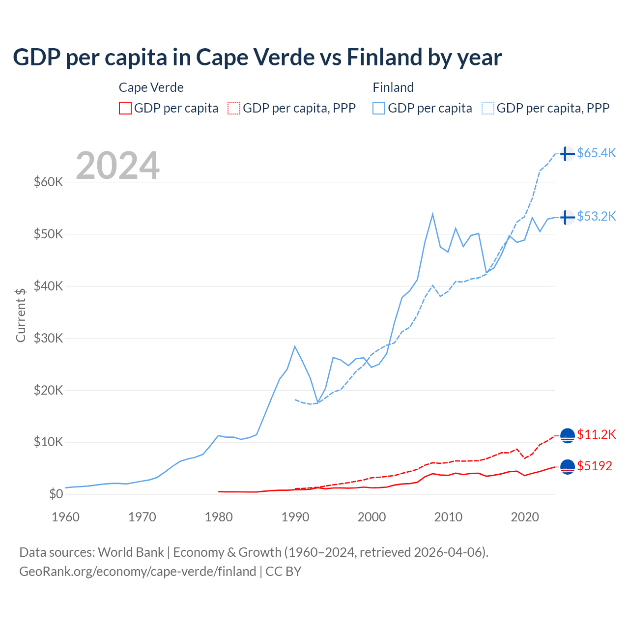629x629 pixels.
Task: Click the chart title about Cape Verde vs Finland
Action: point(257,57)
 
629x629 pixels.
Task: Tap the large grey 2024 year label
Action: point(118,166)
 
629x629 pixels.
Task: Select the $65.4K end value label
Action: point(596,153)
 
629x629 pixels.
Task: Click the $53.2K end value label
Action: point(596,216)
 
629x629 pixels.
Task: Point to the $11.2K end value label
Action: point(596,434)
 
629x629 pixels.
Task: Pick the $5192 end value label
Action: point(595,466)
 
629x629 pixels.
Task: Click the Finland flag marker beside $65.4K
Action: point(567,154)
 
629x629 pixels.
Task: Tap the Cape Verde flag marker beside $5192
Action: point(567,467)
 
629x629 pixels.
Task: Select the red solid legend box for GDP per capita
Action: point(125,108)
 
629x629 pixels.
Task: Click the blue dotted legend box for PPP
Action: point(488,108)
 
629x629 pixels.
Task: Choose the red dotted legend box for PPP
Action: point(234,108)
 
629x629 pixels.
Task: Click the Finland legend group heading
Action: point(393,87)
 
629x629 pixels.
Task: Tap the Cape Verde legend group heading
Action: point(151,87)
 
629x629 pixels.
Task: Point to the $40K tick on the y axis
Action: point(48,286)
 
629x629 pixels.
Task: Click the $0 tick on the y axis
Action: point(56,494)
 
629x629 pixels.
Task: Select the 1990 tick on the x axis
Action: point(295,517)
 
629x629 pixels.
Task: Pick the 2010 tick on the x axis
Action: point(448,517)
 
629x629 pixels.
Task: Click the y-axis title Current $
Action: point(21,315)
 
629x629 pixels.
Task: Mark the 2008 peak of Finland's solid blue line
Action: point(432,214)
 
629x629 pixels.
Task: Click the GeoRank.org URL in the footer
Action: point(138,572)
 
